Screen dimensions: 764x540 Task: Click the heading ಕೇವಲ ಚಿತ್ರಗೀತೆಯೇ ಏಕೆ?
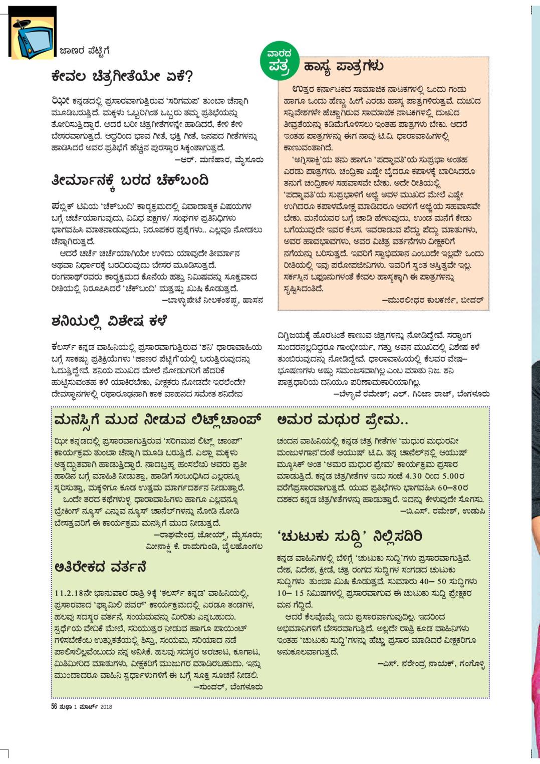tap(122, 77)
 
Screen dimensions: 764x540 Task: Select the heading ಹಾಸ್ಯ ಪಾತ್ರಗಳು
tap(344, 66)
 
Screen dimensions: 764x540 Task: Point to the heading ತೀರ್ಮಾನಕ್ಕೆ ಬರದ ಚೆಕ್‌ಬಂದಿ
tap(130, 181)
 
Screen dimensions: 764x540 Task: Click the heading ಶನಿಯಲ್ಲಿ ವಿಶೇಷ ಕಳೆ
tap(109, 321)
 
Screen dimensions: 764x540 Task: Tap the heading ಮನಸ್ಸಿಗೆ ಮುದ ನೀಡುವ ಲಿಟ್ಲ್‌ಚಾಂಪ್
tap(158, 420)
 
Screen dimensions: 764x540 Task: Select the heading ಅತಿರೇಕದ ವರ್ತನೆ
tap(100, 567)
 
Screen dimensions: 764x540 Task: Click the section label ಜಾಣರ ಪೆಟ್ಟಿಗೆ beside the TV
tap(84, 51)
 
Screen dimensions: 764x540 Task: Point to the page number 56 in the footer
tap(54, 707)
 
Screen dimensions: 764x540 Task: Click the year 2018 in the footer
tap(106, 707)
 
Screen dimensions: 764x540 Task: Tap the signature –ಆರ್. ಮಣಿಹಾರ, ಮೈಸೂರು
tap(218, 160)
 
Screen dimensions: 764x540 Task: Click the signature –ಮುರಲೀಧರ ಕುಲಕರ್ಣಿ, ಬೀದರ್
tap(432, 300)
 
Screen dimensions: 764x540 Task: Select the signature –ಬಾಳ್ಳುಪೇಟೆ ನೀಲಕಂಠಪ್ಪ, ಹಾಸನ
tap(212, 300)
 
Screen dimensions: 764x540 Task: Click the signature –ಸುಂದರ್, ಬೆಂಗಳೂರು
tap(228, 687)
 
